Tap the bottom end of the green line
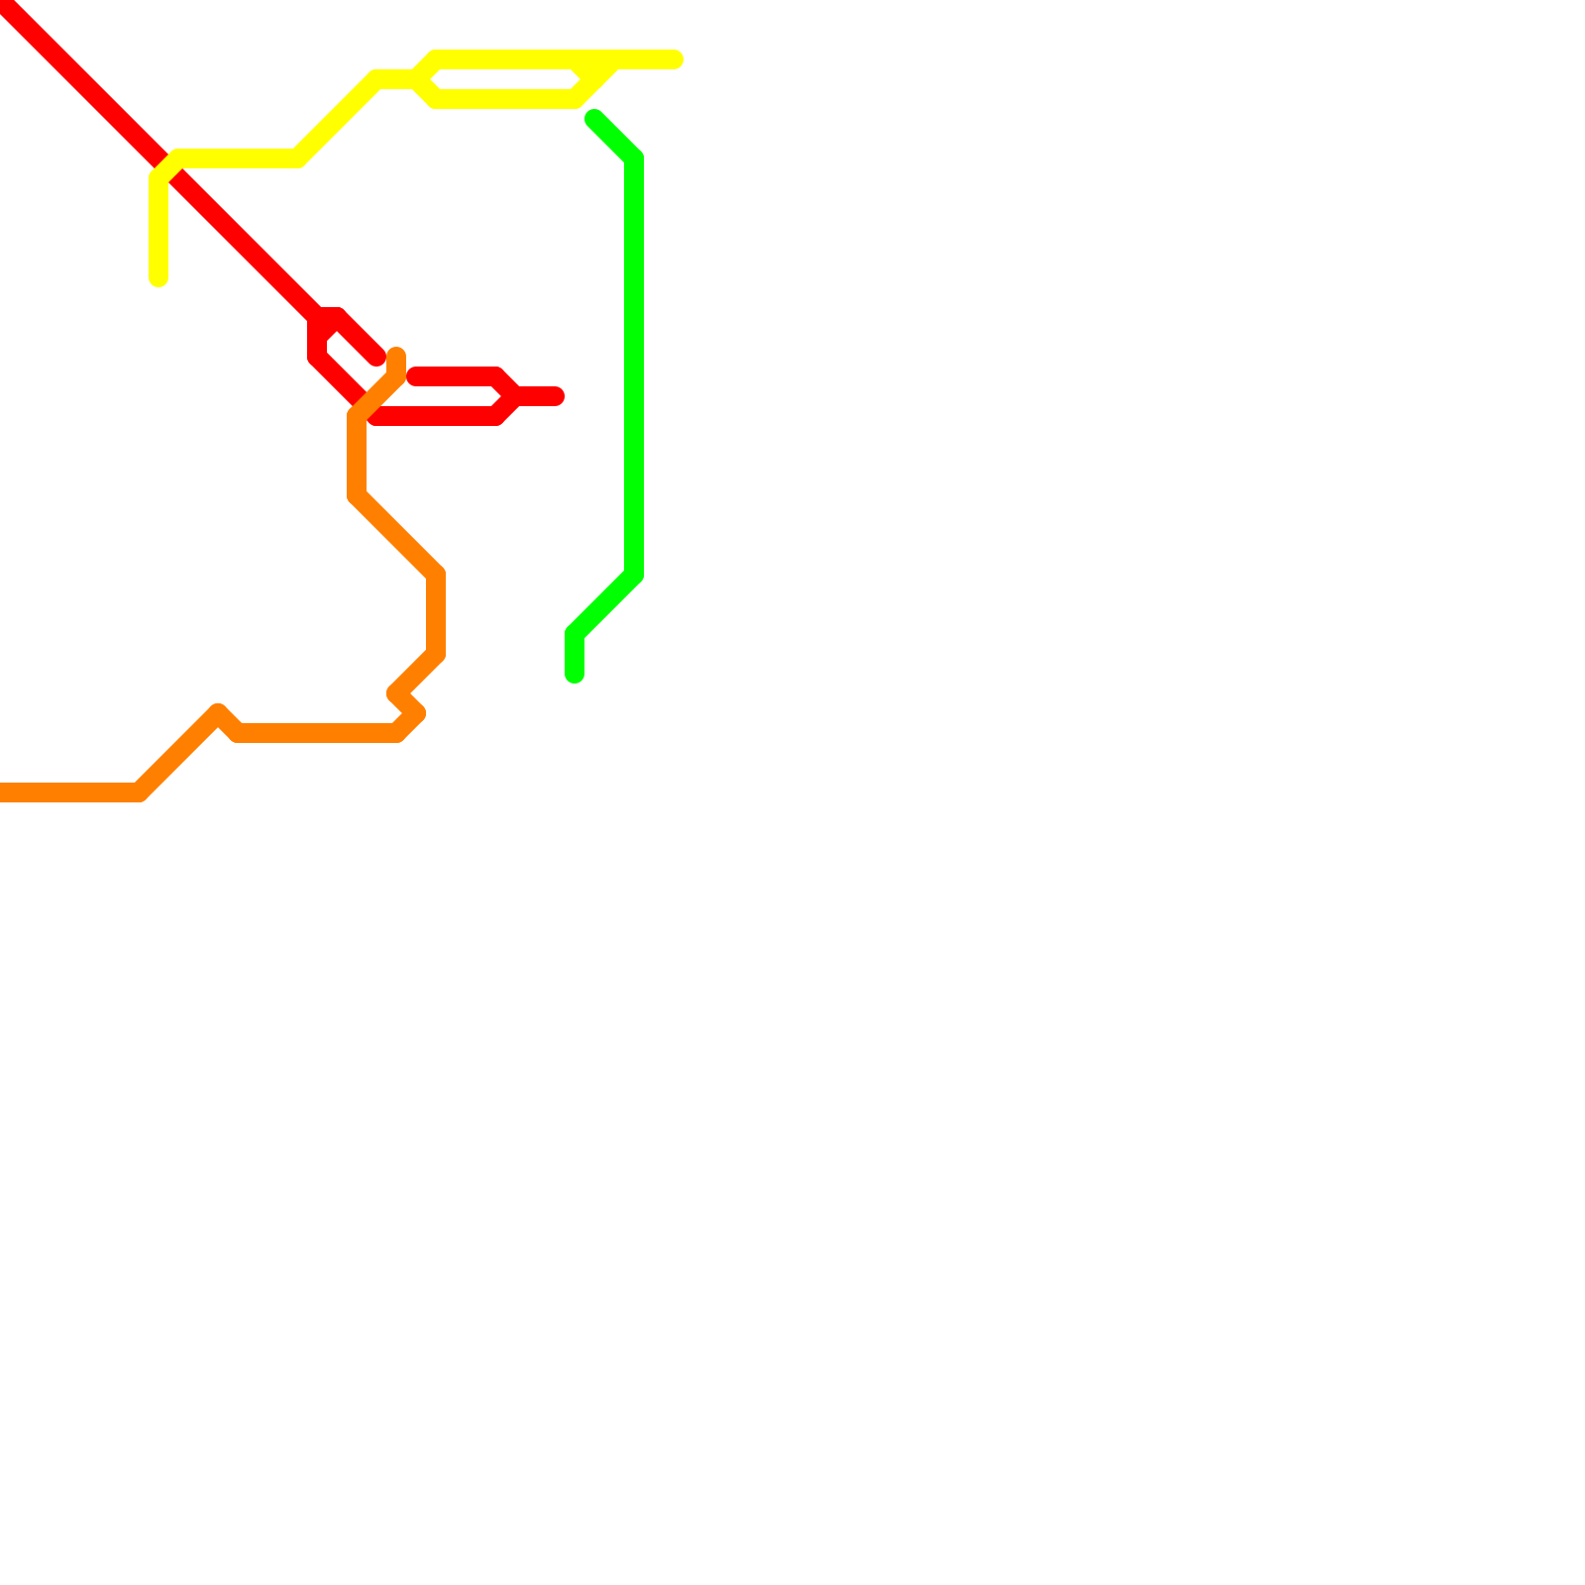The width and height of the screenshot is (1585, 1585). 575,676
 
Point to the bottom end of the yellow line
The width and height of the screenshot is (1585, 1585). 158,278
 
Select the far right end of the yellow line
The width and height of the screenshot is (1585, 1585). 676,60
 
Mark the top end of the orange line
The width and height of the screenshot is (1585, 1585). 396,355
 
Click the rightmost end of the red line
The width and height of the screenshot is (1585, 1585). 557,396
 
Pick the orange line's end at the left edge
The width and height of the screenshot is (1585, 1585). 3,792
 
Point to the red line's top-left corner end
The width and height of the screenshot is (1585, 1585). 5,5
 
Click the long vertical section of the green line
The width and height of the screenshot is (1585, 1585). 634,367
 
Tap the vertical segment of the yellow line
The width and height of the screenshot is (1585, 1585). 158,228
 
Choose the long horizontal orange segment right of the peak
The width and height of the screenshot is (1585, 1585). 317,733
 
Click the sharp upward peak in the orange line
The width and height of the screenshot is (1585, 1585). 218,712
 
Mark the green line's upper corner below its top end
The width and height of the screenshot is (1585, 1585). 634,158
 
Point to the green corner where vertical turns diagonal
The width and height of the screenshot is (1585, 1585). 634,575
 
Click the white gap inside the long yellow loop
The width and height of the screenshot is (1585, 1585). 505,79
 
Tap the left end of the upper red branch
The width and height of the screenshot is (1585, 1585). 415,376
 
